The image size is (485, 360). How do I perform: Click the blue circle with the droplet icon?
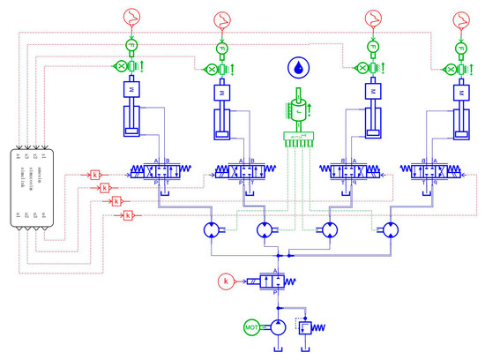pyautogui.click(x=295, y=67)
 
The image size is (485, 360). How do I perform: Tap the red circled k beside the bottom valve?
pyautogui.click(x=227, y=281)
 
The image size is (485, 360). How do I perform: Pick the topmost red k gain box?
pyautogui.click(x=95, y=175)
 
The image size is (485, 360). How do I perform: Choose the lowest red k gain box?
pyautogui.click(x=129, y=215)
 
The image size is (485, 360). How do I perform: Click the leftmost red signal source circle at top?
pyautogui.click(x=130, y=17)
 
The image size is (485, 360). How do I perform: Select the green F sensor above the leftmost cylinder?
pyautogui.click(x=130, y=46)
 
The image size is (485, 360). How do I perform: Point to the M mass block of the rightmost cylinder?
pyautogui.click(x=459, y=90)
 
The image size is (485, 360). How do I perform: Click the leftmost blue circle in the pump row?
pyautogui.click(x=212, y=229)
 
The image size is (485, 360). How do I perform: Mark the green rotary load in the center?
pyautogui.click(x=296, y=111)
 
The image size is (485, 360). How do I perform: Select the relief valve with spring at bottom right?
pyautogui.click(x=306, y=326)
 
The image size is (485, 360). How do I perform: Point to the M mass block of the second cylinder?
pyautogui.click(x=219, y=90)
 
